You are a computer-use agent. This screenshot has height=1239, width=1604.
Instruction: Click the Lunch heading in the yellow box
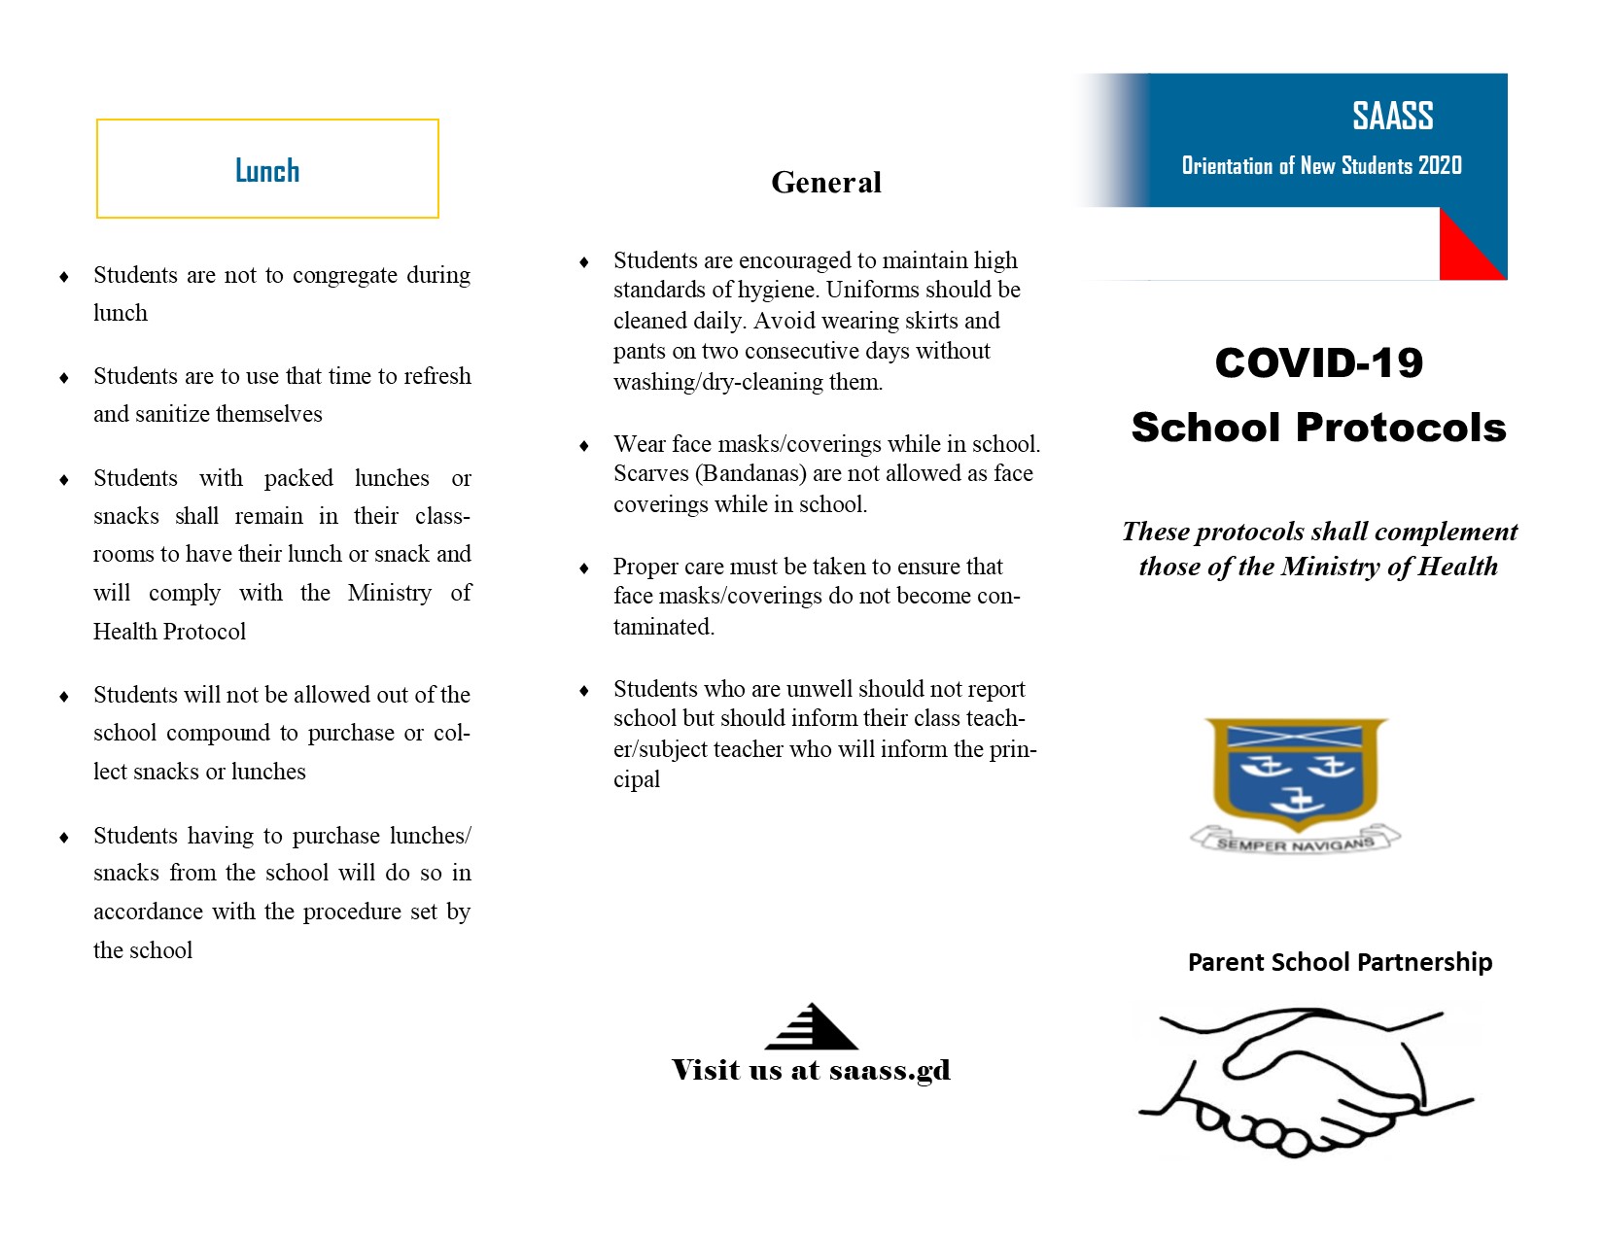point(267,171)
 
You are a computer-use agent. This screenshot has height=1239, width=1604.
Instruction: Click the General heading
point(826,183)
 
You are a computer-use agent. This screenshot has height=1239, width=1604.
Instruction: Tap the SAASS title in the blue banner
point(1392,117)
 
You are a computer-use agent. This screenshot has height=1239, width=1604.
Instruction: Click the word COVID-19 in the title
point(1318,363)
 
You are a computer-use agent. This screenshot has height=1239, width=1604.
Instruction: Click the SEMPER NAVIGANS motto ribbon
point(1296,842)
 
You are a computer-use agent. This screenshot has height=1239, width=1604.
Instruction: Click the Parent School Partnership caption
point(1340,962)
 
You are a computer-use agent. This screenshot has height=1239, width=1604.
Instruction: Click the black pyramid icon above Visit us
point(812,1027)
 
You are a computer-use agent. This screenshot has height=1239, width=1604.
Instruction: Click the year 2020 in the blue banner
point(1440,166)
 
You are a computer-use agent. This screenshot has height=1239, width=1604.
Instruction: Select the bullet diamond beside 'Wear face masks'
point(584,445)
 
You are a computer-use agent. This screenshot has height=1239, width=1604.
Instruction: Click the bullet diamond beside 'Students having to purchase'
point(64,837)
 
